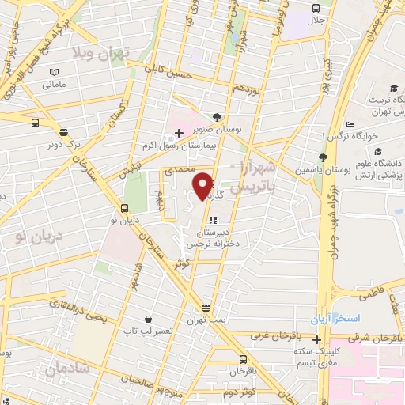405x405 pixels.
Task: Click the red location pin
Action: click(x=204, y=185)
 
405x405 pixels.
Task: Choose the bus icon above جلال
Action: click(x=314, y=9)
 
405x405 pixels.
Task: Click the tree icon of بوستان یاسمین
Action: click(x=322, y=157)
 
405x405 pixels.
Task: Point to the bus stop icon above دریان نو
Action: click(x=124, y=208)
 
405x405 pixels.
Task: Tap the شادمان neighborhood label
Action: click(x=65, y=368)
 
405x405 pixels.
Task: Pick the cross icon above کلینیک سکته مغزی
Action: click(x=316, y=339)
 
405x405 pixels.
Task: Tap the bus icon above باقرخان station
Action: click(x=231, y=355)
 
